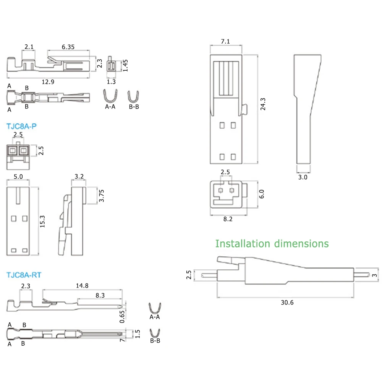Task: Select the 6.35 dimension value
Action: point(68,47)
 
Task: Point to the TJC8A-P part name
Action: point(22,126)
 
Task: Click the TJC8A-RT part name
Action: point(24,275)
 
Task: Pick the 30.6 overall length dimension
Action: point(287,302)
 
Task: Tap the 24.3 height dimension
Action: point(263,104)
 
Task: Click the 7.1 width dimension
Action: point(225,42)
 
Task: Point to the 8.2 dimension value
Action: point(228,219)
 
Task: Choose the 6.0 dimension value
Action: point(262,194)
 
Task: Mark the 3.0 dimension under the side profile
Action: point(302,177)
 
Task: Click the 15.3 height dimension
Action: point(43,221)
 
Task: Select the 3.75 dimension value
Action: point(101,196)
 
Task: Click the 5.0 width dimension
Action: point(18,177)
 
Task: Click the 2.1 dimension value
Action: point(29,47)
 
